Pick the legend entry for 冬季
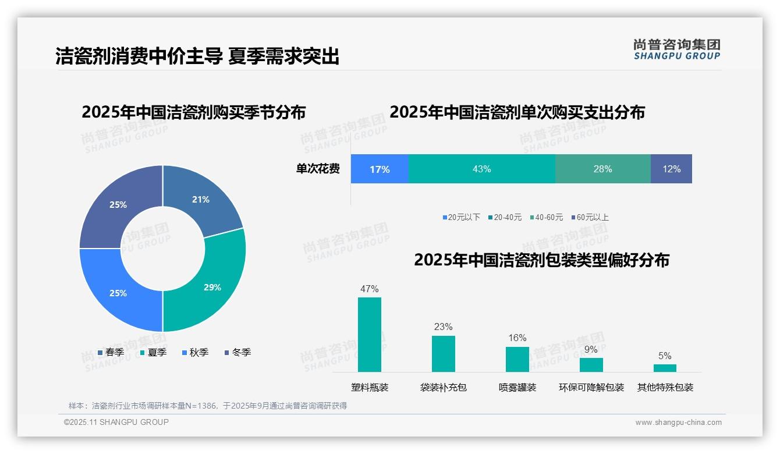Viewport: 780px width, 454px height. (237, 352)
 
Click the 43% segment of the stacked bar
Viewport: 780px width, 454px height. (481, 169)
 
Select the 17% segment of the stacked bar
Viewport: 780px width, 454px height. (380, 169)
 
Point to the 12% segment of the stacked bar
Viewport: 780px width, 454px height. (671, 169)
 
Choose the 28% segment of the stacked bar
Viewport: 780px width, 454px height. (602, 169)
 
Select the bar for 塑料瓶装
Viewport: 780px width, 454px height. (370, 335)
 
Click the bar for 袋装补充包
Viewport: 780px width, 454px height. (444, 354)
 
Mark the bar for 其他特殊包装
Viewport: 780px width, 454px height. (665, 368)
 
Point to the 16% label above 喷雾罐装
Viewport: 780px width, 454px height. (517, 338)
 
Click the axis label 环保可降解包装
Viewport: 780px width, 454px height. (591, 388)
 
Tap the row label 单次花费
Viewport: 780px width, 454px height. (318, 169)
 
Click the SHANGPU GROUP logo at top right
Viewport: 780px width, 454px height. (677, 49)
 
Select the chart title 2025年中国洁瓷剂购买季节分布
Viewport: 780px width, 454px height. (193, 112)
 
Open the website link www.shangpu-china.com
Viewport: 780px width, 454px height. (678, 423)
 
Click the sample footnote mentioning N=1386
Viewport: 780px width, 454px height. (208, 406)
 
